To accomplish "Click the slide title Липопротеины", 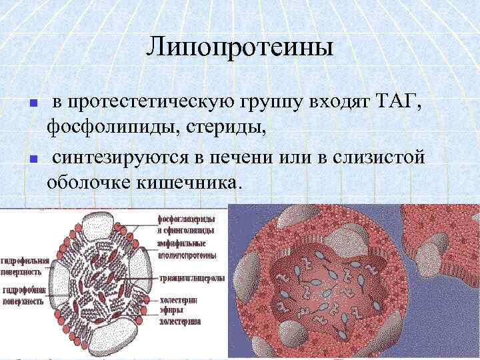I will [239, 47].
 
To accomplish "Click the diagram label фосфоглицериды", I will [187, 219].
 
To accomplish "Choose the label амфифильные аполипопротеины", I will [186, 249].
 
